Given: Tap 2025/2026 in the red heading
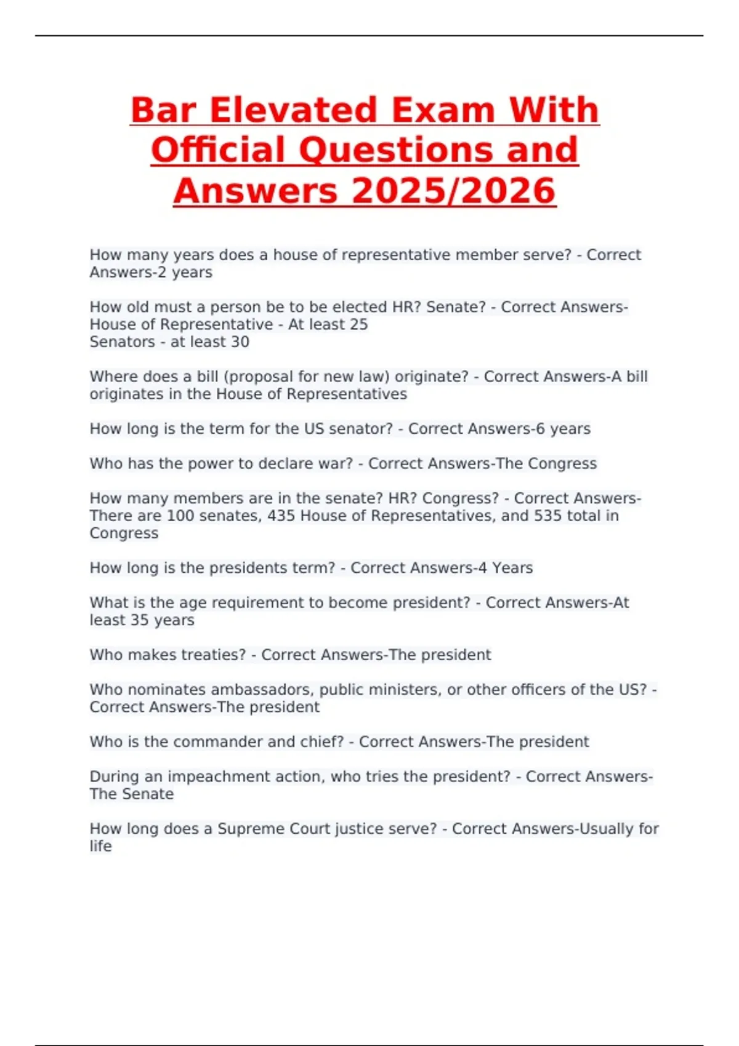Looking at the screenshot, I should click(454, 191).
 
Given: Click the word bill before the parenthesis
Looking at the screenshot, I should click(208, 377).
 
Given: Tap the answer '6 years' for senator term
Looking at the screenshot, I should click(563, 429).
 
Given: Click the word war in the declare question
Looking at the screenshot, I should click(336, 463).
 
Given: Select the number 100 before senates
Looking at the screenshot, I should click(180, 516).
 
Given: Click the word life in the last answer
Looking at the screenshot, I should click(100, 846).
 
